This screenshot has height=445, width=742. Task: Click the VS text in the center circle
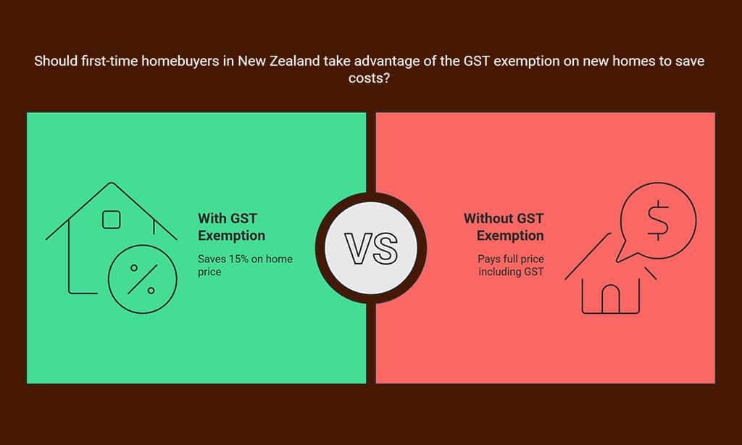[371, 248]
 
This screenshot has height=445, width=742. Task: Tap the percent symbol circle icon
[143, 279]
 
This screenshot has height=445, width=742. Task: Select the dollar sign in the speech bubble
[658, 220]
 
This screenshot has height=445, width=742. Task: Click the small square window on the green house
[111, 220]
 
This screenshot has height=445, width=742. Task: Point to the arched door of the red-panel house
[610, 299]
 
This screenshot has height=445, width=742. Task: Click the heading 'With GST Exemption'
[231, 227]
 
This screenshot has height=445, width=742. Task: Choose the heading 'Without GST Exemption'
[504, 227]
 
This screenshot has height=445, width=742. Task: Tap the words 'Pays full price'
[511, 259]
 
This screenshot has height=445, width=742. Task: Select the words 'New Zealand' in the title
[278, 61]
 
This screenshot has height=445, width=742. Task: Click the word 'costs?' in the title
[369, 78]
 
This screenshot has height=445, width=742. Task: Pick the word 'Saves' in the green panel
[212, 259]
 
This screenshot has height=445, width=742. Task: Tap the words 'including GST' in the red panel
[511, 272]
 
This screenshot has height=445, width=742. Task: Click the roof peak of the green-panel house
[111, 182]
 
